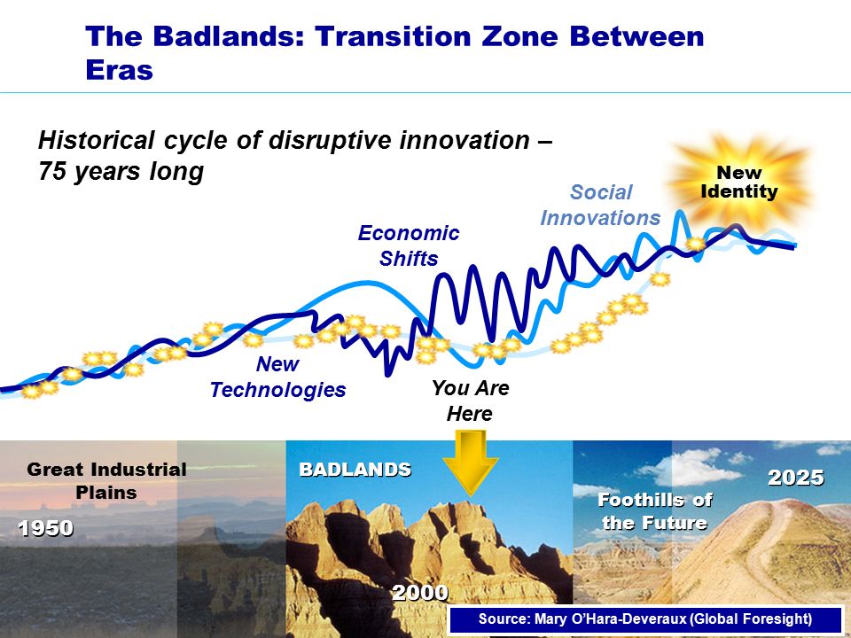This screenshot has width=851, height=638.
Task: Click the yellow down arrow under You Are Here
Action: [470, 461]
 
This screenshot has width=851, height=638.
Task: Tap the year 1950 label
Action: [45, 528]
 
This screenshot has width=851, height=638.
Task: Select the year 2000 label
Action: [420, 593]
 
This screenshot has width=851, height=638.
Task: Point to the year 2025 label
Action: [796, 478]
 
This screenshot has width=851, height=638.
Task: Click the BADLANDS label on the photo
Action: [355, 470]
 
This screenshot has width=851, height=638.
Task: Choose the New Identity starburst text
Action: [739, 182]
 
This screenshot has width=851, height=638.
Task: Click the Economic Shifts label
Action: [409, 245]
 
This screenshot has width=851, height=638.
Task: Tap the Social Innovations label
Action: [600, 205]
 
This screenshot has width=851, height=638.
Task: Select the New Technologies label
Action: [277, 377]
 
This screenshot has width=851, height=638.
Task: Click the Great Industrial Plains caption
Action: [106, 480]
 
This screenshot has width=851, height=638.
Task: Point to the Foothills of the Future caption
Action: [654, 511]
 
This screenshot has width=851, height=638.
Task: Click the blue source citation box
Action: [645, 619]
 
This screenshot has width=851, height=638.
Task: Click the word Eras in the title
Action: [120, 70]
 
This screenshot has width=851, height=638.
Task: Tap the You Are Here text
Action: [470, 401]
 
